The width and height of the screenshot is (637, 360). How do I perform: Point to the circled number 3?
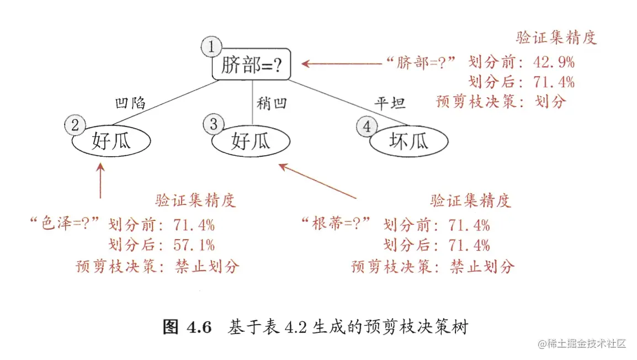(214, 125)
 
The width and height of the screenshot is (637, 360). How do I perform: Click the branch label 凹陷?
(130, 103)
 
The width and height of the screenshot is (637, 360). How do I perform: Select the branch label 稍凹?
(272, 103)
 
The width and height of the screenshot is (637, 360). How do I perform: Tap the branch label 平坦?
(390, 103)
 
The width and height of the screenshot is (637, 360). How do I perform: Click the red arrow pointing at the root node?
(342, 63)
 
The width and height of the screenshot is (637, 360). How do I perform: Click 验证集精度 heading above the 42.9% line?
(556, 38)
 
